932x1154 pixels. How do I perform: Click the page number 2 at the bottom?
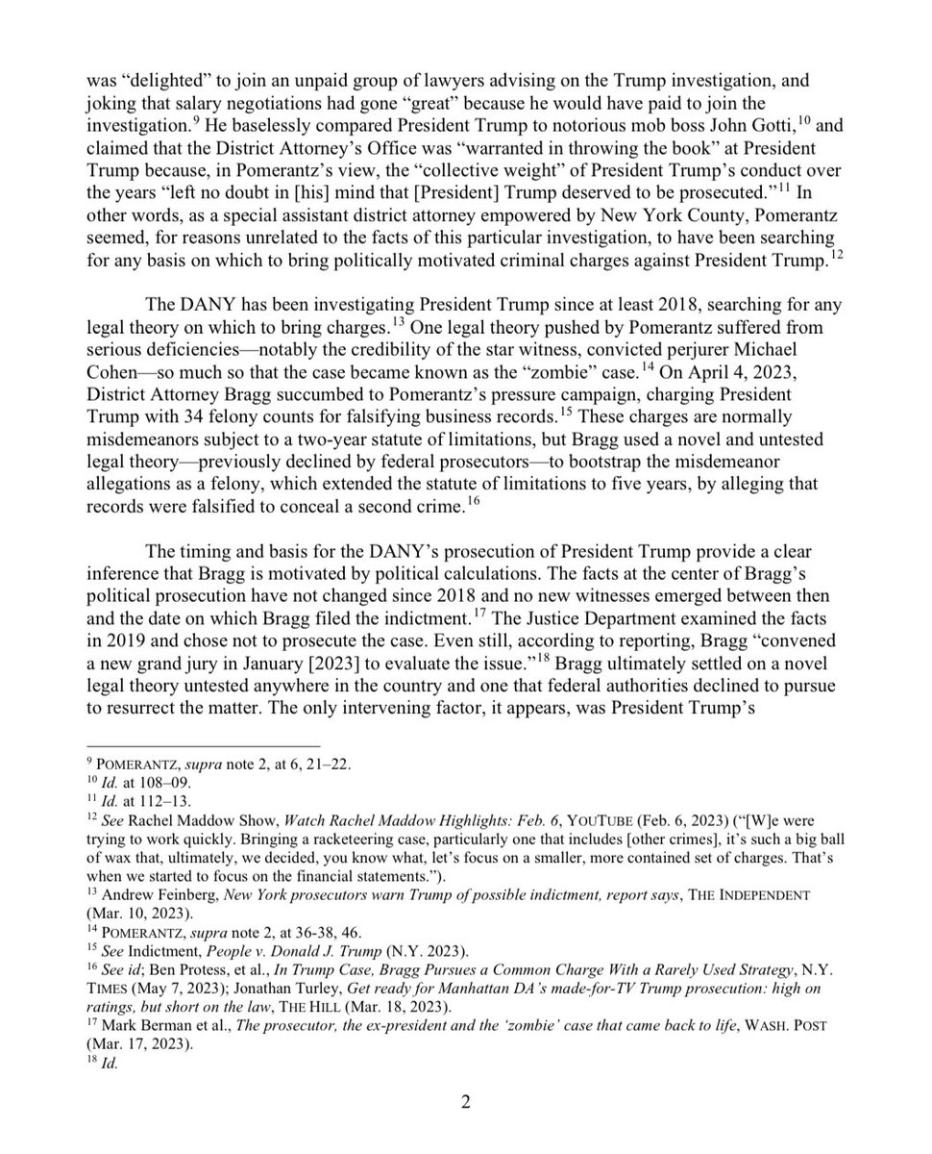point(465,1102)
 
